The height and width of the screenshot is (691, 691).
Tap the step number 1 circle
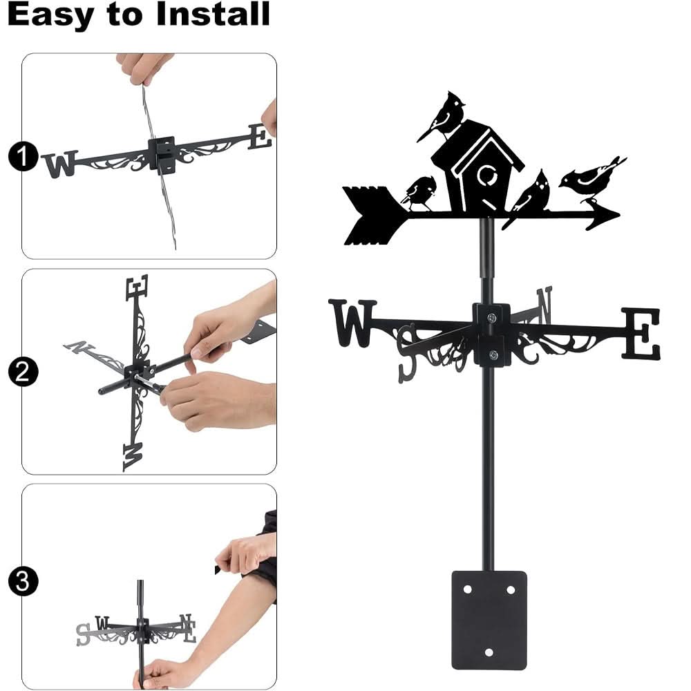22,158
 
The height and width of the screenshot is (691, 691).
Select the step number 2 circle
22,373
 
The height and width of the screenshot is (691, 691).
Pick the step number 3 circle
22,581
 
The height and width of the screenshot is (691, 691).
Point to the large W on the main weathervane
352,322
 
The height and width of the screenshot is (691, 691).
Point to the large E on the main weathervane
641,333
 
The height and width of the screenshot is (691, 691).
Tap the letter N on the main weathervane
544,306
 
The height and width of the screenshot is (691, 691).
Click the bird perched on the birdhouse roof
443,115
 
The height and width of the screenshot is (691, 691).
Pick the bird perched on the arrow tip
591,177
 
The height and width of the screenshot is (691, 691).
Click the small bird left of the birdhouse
419,192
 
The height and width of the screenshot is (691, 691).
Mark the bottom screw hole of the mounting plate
489,652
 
